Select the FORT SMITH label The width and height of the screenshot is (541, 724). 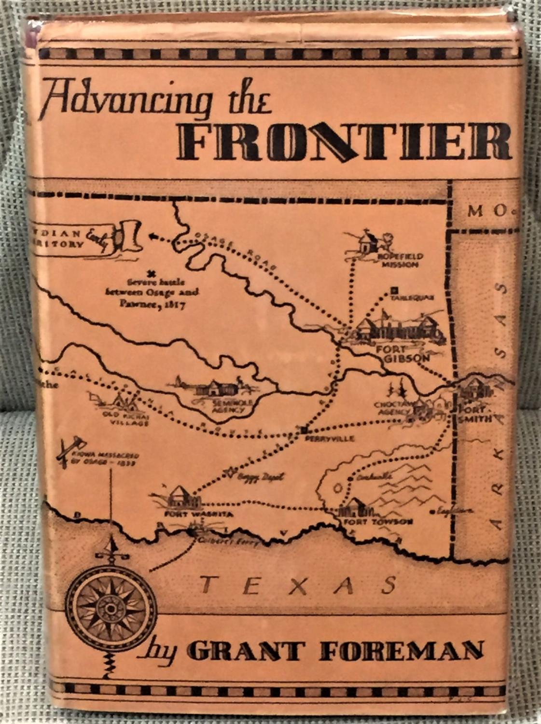click(x=474, y=413)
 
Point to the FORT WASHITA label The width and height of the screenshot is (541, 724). click(x=198, y=515)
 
